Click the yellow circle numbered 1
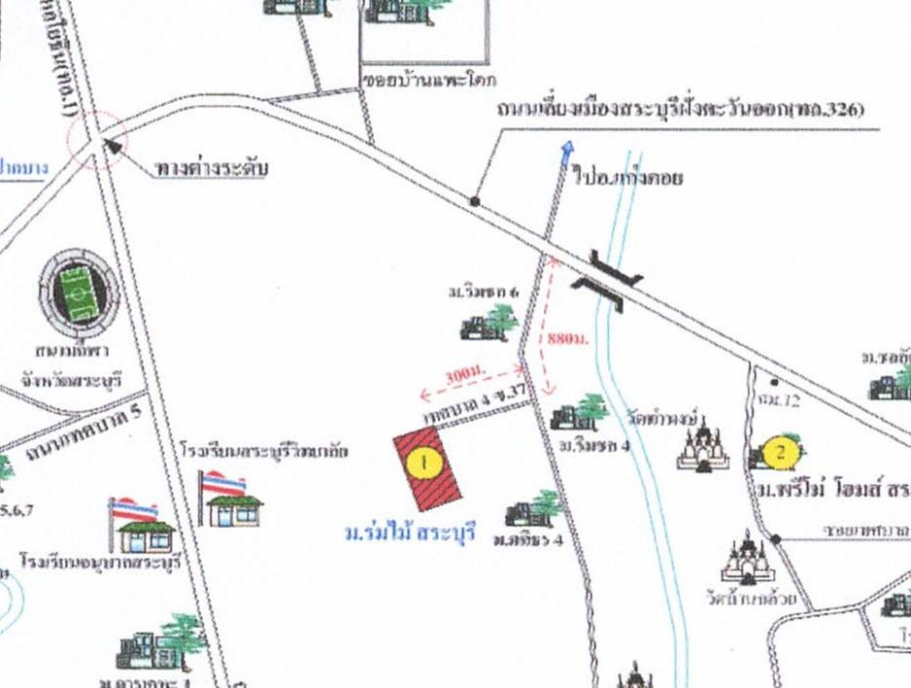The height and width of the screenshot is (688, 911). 425,462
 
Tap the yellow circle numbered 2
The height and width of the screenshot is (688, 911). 781,451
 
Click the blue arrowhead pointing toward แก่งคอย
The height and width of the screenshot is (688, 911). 566,148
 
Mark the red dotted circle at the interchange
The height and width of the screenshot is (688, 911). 97,138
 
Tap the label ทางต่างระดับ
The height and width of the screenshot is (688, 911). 211,169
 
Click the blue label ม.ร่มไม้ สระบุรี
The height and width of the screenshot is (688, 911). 412,532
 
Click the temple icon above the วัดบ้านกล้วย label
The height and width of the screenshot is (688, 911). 746,558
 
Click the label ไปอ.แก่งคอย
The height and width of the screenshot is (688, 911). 628,179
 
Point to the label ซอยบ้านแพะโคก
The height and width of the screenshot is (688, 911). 419,80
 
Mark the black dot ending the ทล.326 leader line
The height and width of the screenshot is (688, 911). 475,201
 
